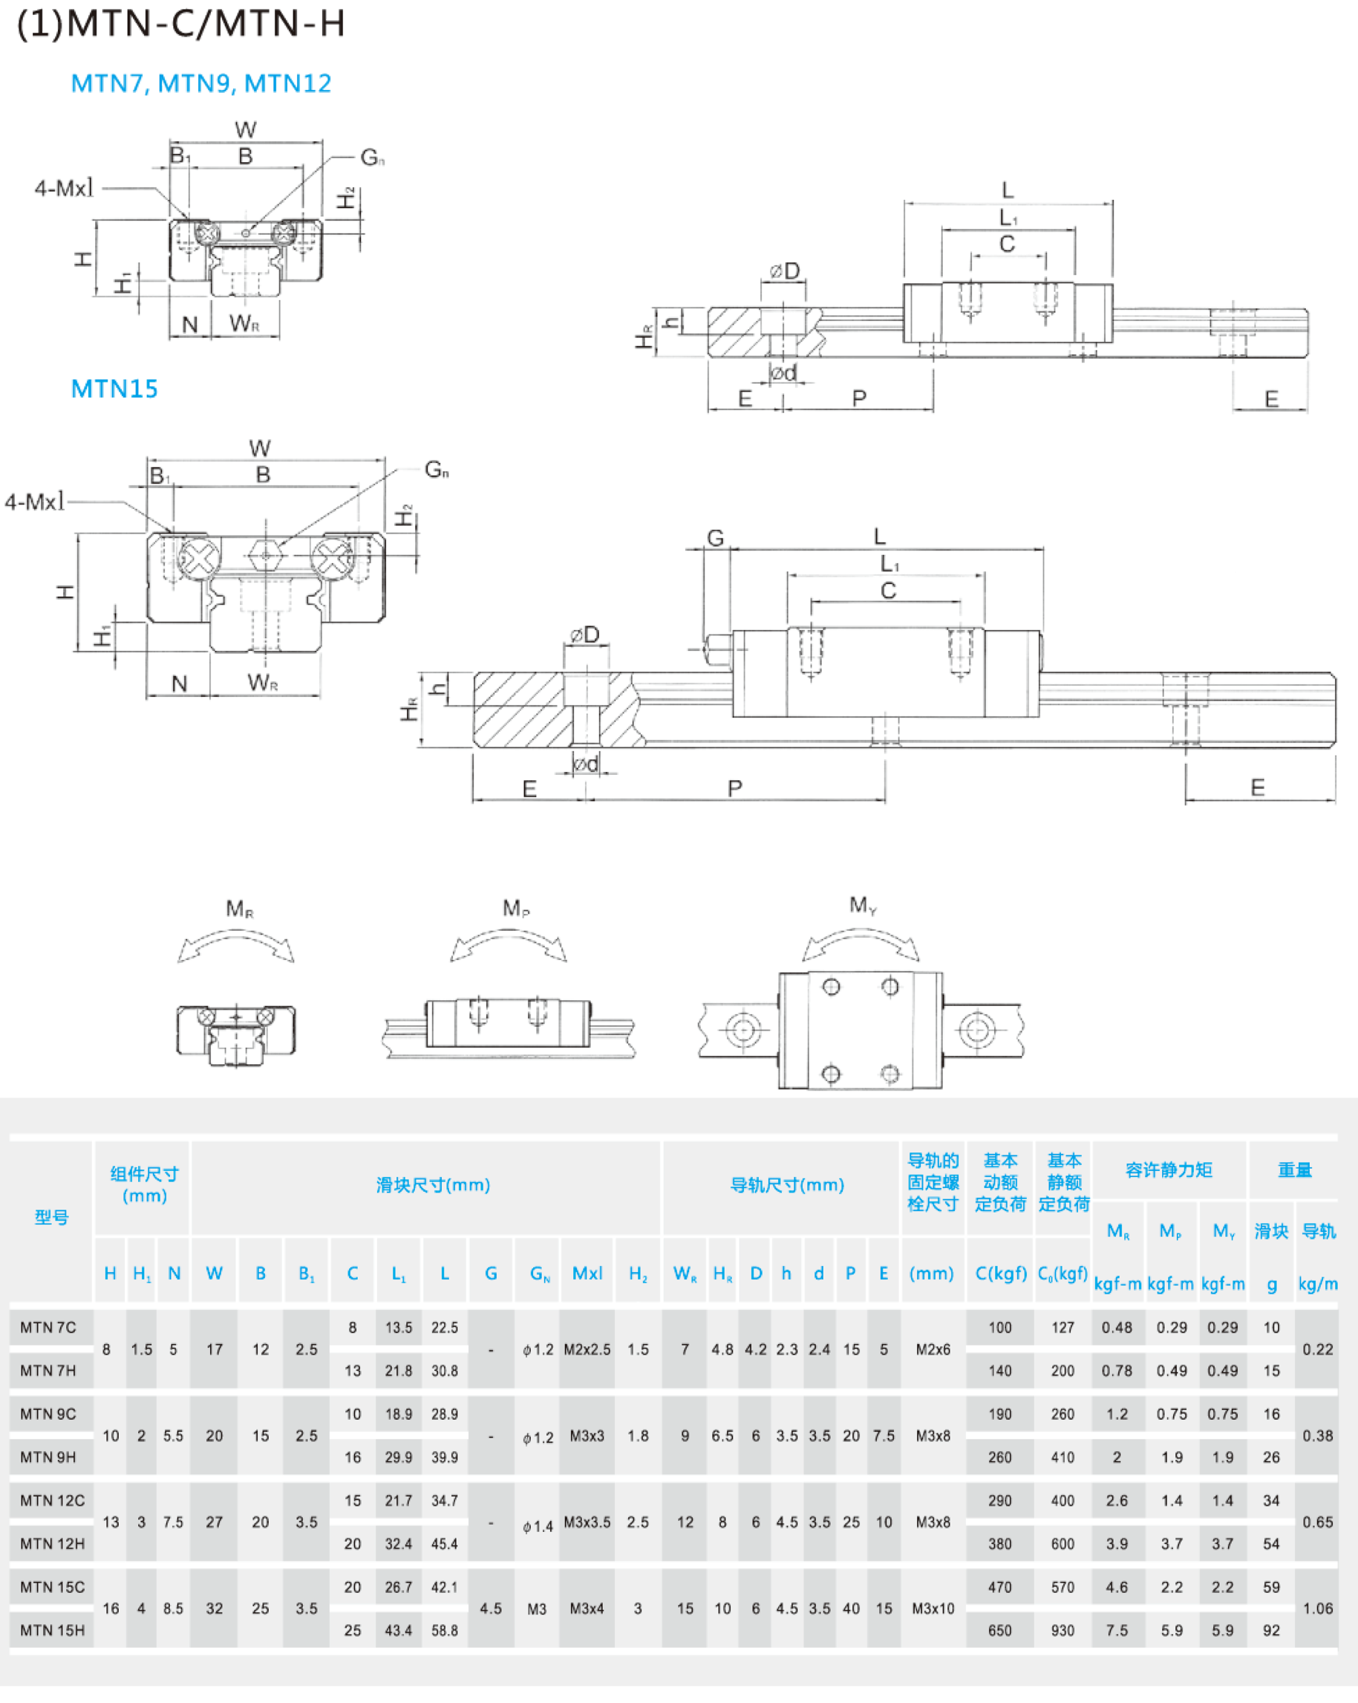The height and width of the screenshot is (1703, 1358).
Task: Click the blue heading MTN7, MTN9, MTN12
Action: (x=200, y=83)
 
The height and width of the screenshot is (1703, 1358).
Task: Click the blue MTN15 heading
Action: (x=114, y=389)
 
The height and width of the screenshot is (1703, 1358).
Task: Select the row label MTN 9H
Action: (x=48, y=1457)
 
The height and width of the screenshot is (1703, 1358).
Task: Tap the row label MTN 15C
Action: (x=52, y=1587)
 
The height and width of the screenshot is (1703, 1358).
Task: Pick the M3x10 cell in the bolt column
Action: (x=933, y=1608)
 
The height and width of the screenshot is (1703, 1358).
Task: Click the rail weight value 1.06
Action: (x=1318, y=1608)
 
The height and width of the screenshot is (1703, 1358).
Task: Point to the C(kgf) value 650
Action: (x=999, y=1630)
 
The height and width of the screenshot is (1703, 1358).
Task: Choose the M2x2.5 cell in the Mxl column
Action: (x=587, y=1349)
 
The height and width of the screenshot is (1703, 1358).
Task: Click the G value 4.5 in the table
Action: (x=490, y=1608)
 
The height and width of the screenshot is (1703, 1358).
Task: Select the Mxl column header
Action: (x=587, y=1274)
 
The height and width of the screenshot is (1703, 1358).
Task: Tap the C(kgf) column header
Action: (x=1000, y=1274)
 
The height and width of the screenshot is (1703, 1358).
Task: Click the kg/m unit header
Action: (x=1318, y=1285)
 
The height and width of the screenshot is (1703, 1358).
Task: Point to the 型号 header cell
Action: (x=51, y=1217)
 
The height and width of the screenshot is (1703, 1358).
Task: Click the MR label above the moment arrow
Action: (x=239, y=909)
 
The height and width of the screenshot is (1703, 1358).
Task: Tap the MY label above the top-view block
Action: (x=863, y=905)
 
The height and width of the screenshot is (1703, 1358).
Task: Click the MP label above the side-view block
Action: (x=515, y=909)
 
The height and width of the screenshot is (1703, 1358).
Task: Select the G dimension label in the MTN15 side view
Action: (x=715, y=538)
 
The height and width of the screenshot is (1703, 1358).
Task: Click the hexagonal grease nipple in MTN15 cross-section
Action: (x=266, y=556)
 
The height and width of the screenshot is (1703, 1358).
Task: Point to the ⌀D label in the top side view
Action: (x=784, y=272)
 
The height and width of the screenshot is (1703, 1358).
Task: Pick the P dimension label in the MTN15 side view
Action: (x=735, y=788)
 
